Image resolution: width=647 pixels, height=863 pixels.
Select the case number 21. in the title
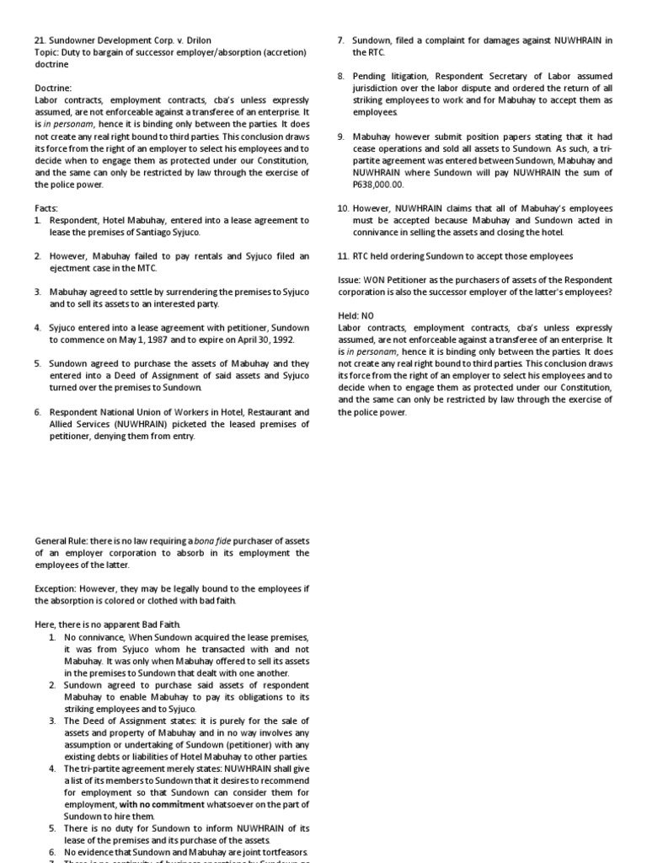coord(41,40)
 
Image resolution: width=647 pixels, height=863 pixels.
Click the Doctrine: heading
coord(54,88)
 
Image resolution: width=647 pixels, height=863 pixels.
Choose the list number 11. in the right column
coord(342,256)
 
